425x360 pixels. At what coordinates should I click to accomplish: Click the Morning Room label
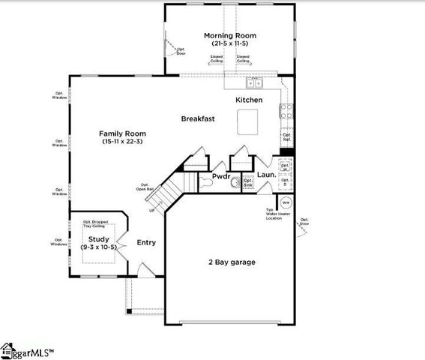tap(230, 36)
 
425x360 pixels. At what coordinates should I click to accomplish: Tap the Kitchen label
tap(249, 100)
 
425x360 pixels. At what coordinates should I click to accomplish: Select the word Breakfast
tap(198, 118)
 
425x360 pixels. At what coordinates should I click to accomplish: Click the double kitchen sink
tap(255, 82)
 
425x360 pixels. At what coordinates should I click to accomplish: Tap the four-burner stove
tap(286, 112)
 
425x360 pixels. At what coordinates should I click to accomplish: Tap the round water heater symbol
tap(286, 202)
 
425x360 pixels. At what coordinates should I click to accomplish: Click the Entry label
tap(146, 243)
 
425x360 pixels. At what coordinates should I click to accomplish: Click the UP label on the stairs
tap(153, 211)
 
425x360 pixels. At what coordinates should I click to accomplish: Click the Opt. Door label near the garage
tap(304, 222)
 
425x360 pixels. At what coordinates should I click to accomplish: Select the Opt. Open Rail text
tap(145, 187)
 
